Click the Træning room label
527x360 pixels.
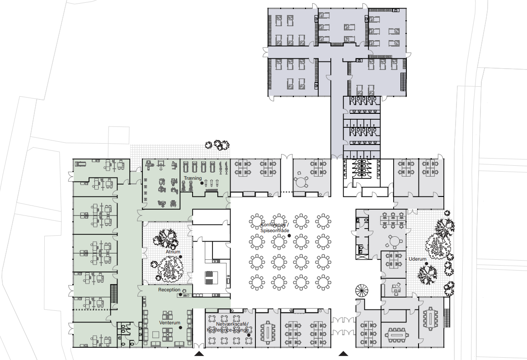point(193,178)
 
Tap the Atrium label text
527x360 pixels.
point(173,252)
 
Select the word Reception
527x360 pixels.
point(169,290)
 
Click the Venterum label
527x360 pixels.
point(170,323)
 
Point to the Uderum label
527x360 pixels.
point(418,259)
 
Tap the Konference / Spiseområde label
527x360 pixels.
point(275,227)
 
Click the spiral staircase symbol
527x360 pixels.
point(362,290)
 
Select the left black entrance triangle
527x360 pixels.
point(199,353)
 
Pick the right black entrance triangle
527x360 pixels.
point(343,353)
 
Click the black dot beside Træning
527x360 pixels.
point(202,183)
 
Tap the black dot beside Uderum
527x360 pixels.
point(427,264)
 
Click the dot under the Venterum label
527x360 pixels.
point(180,327)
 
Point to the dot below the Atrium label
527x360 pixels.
point(180,257)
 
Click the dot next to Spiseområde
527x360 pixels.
point(289,235)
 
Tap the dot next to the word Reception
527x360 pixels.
point(180,295)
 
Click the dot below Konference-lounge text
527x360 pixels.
point(249,335)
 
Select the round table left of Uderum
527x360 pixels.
point(395,241)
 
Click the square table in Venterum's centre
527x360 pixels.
point(155,334)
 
